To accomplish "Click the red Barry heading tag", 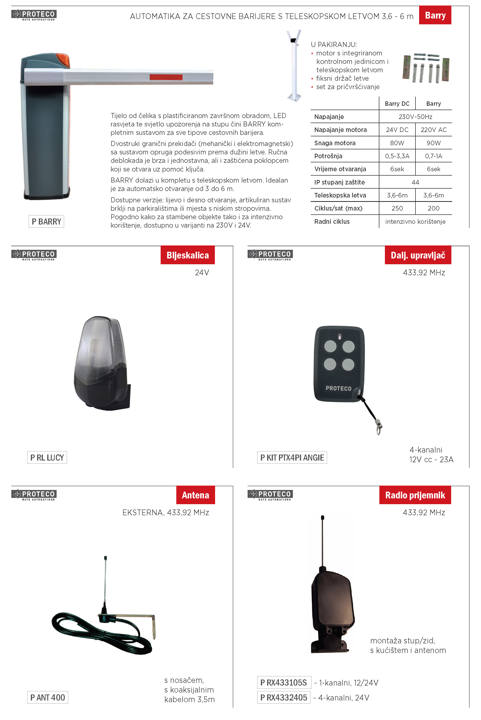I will pyautogui.click(x=435, y=15).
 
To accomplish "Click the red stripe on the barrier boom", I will pyautogui.click(x=166, y=77).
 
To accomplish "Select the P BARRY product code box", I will pyautogui.click(x=46, y=221).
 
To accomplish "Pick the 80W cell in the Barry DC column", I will pyautogui.click(x=397, y=143).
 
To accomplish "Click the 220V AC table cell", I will pyautogui.click(x=434, y=130).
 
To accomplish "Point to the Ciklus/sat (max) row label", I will pyautogui.click(x=338, y=208).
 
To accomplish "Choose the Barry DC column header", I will pyautogui.click(x=397, y=104).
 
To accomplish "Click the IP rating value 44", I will pyautogui.click(x=415, y=182).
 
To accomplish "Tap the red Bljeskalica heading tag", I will pyautogui.click(x=187, y=255).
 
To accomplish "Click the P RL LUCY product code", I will pyautogui.click(x=47, y=457).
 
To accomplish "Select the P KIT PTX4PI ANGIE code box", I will pyautogui.click(x=292, y=457).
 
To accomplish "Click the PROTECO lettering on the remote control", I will pyautogui.click(x=338, y=388).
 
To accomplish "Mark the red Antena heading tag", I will pyautogui.click(x=195, y=495).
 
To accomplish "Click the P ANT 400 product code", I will pyautogui.click(x=47, y=697).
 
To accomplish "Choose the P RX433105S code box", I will pyautogui.click(x=284, y=683).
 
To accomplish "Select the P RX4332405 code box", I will pyautogui.click(x=284, y=697).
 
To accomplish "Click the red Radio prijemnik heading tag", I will pyautogui.click(x=415, y=495).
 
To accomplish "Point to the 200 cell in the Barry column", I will pyautogui.click(x=434, y=208).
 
